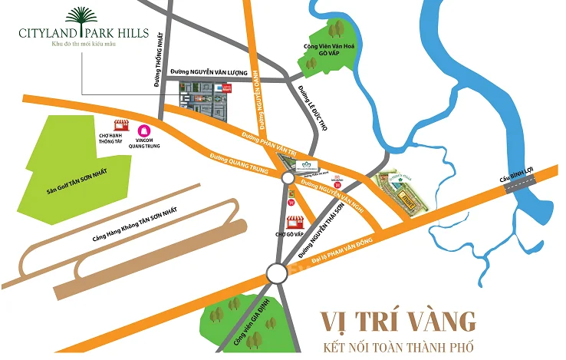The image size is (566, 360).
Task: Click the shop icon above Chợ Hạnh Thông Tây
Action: pos(120,124)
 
